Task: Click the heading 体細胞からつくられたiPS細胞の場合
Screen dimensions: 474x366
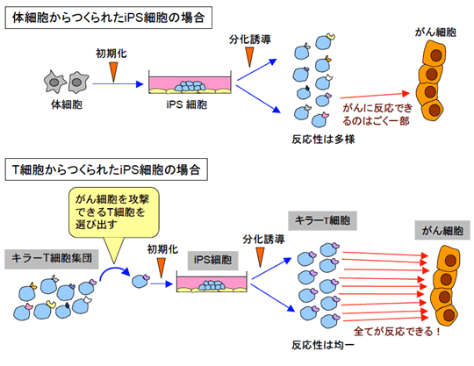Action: coord(108,18)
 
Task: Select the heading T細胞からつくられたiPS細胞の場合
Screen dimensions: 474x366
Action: coord(106,169)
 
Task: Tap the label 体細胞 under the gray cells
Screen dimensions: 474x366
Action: coord(67,104)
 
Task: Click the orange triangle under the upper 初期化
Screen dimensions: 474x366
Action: coord(113,72)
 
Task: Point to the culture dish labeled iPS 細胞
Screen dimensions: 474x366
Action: coord(190,83)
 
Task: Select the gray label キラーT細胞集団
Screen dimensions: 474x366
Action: coord(52,259)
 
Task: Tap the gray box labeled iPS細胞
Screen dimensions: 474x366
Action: coord(212,260)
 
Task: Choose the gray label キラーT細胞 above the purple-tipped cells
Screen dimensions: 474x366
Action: coord(322,220)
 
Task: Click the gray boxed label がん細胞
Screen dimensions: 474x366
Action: coord(442,231)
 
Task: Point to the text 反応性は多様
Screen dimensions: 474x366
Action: coord(323,140)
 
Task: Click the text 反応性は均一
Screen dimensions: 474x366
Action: coord(322,345)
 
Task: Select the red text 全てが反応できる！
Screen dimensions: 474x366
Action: coord(398,332)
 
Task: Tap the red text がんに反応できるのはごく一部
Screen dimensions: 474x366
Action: coord(377,114)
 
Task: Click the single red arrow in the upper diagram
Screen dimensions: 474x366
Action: coord(375,96)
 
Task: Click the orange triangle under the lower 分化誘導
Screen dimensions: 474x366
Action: coord(261,257)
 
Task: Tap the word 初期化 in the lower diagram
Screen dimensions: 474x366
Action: coord(162,249)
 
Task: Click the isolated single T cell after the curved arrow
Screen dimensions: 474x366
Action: coord(140,281)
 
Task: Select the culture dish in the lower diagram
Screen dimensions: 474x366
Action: coord(212,282)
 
